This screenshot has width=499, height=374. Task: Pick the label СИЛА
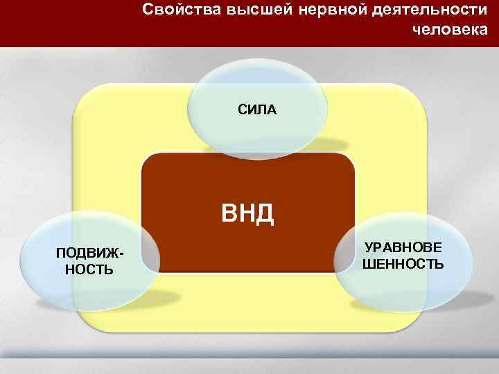coord(257,109)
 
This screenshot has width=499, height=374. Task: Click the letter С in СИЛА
coord(242,109)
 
